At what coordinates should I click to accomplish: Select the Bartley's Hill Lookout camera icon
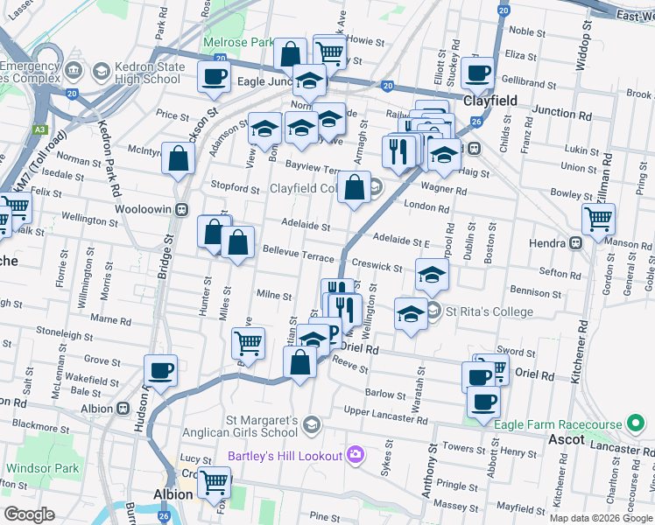pos(355,453)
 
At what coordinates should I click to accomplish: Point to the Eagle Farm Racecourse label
pos(556,425)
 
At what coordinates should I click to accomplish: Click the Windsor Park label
pos(42,469)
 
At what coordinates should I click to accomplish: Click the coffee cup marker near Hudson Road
pos(160,370)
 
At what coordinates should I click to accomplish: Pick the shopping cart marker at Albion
pos(215,482)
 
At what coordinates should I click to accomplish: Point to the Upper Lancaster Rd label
pos(385,413)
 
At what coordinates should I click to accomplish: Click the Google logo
pos(30,514)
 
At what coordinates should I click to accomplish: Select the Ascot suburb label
pos(566,440)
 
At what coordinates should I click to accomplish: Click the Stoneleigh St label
pos(66,332)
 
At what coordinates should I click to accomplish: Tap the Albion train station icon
pos(122,409)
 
